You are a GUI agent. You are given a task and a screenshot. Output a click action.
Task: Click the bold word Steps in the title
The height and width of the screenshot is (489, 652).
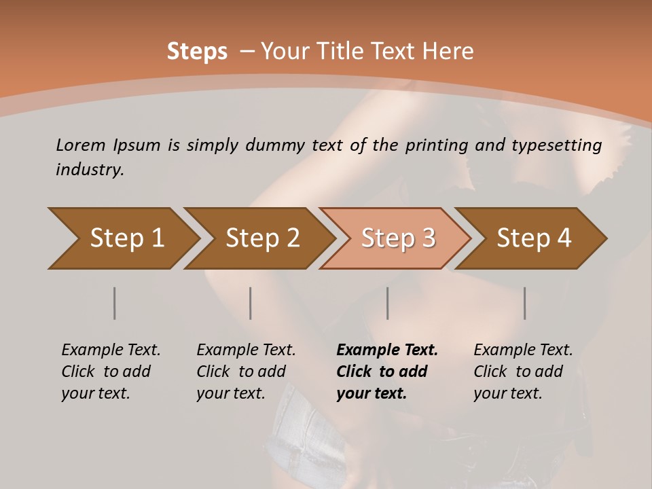pos(197,52)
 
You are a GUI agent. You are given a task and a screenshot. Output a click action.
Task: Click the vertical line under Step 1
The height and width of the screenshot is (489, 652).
pos(114,303)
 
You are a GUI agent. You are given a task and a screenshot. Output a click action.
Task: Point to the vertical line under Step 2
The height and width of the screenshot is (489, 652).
pos(251,303)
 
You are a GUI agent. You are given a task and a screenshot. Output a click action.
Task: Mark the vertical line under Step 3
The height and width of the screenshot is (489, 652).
pos(387,303)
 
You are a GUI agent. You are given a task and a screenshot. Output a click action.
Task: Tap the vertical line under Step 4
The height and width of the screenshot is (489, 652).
pos(524,303)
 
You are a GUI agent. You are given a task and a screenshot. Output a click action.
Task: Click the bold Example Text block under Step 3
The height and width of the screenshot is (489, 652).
pos(387,372)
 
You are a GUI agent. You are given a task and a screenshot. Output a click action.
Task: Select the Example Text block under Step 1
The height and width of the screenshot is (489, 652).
pos(111,372)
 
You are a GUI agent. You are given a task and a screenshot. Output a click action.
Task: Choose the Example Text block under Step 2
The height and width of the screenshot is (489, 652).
pos(246,372)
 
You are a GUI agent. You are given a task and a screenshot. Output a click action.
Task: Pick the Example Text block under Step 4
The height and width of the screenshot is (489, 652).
pos(523,372)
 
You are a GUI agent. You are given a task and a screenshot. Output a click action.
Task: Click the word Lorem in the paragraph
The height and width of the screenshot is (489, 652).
pos(81,145)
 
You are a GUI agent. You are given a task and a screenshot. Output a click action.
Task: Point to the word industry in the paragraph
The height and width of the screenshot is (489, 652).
pos(90,169)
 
